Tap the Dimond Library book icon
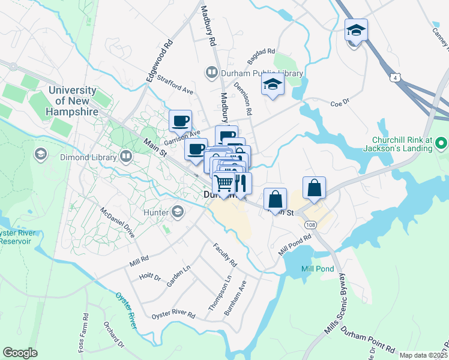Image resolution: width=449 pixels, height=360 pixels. point(125,157)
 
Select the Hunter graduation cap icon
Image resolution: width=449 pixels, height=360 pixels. point(178,211)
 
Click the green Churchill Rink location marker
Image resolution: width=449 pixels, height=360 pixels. point(441,143)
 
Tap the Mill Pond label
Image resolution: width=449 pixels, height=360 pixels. point(318,269)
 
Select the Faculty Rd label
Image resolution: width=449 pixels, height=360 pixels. point(226,255)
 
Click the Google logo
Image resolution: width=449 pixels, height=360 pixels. point(20,353)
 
